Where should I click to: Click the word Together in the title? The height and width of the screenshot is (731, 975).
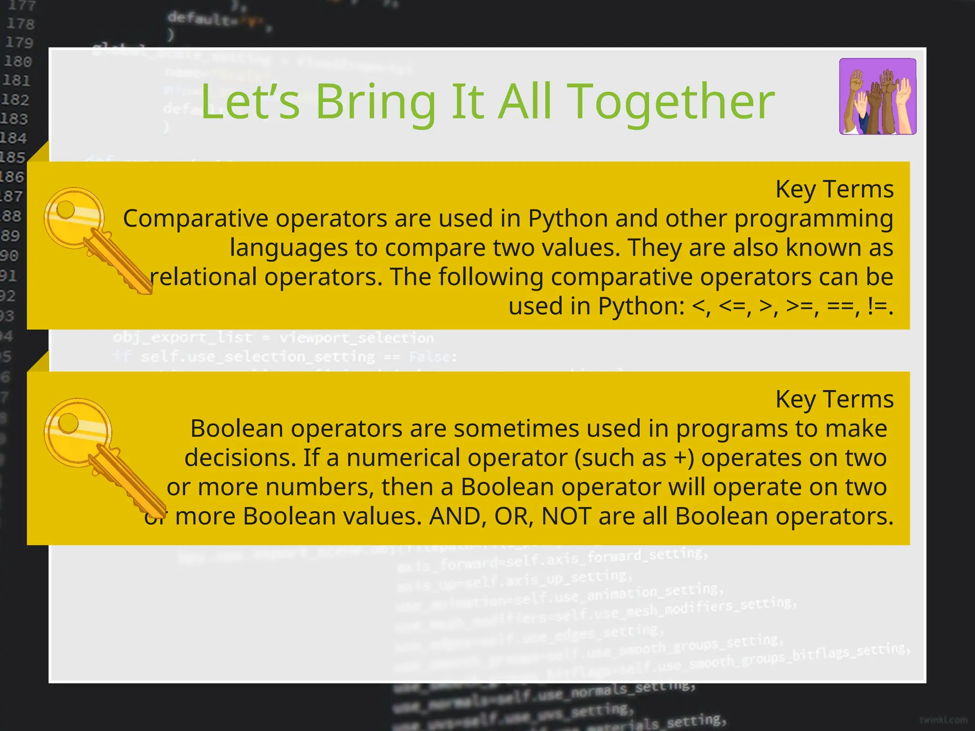click(671, 102)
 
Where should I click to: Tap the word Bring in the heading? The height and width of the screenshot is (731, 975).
click(375, 102)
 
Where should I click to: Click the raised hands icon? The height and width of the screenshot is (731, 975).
click(877, 97)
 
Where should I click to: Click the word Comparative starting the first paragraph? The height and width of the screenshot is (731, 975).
click(196, 219)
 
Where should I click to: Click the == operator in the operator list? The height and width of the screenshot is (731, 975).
click(843, 306)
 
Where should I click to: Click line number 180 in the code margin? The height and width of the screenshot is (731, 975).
click(18, 61)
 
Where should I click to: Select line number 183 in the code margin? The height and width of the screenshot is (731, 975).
click(14, 119)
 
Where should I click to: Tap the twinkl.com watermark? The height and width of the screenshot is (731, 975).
click(943, 720)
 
